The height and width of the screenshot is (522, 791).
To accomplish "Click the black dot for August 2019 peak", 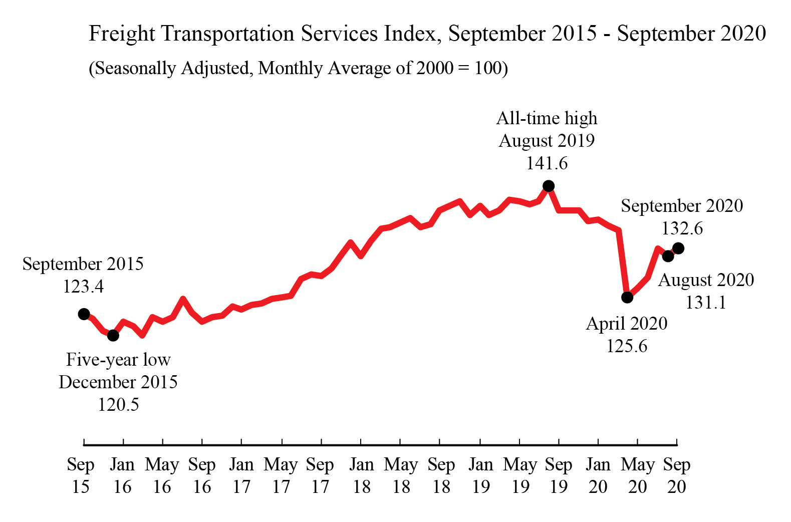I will (x=549, y=186).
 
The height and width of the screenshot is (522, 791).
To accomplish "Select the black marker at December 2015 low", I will (x=113, y=335).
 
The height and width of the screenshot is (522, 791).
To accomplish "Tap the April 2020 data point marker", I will (x=627, y=297).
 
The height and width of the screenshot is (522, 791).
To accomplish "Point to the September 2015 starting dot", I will (x=84, y=314).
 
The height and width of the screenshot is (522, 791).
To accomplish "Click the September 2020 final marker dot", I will (x=678, y=248).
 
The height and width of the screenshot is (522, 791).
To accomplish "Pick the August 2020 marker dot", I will (x=668, y=256).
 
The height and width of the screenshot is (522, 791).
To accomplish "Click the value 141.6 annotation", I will (x=547, y=163).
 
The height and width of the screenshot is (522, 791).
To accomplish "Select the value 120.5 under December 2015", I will (x=118, y=404).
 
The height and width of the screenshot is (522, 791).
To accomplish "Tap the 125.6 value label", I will (x=627, y=346).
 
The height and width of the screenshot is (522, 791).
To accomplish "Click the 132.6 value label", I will (x=682, y=228).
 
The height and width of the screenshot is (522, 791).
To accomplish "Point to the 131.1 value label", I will (x=705, y=303).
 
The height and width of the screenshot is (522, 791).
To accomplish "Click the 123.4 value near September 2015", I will (x=83, y=287).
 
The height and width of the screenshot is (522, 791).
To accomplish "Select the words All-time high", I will (x=547, y=118).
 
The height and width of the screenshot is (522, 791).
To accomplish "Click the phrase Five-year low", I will (x=118, y=360).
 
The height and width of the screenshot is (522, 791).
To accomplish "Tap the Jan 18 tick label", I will (x=361, y=475).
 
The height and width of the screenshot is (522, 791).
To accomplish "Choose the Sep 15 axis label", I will (x=81, y=475).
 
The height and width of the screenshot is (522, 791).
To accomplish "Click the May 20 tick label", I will (x=637, y=475).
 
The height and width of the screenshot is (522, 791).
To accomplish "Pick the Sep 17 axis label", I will (x=320, y=475).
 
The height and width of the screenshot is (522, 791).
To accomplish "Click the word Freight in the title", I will (x=122, y=34).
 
